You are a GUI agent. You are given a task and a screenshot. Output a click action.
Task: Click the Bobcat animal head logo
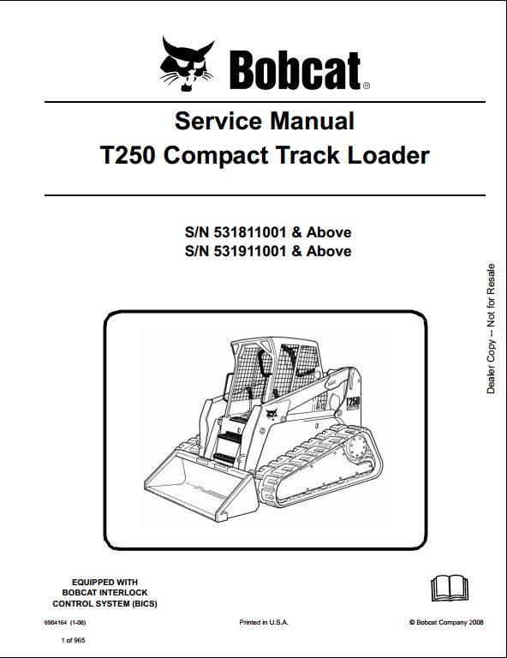pyautogui.click(x=187, y=63)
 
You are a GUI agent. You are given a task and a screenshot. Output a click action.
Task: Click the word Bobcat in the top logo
pyautogui.click(x=295, y=70)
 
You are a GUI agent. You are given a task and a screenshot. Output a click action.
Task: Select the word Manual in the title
pyautogui.click(x=312, y=121)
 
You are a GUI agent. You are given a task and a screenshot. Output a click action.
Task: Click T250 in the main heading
pyautogui.click(x=128, y=155)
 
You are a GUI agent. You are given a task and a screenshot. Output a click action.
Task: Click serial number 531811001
pyautogui.click(x=250, y=232)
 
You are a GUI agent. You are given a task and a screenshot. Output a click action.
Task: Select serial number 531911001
pyautogui.click(x=250, y=251)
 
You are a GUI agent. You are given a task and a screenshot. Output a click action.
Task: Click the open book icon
pyautogui.click(x=449, y=589)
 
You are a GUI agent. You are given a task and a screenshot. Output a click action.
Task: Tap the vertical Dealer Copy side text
pyautogui.click(x=491, y=329)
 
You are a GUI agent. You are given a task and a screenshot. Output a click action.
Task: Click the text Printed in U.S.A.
pyautogui.click(x=264, y=622)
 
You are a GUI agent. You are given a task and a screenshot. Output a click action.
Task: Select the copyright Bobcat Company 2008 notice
pyautogui.click(x=446, y=622)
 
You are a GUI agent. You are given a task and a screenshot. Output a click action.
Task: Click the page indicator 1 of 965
pyautogui.click(x=73, y=640)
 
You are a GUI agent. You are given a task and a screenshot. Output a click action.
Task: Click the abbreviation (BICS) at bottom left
pyautogui.click(x=144, y=604)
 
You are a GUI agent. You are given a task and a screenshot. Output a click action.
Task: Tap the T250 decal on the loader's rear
pyautogui.click(x=353, y=401)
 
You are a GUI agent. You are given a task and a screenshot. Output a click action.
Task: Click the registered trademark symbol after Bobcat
pyautogui.click(x=366, y=86)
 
